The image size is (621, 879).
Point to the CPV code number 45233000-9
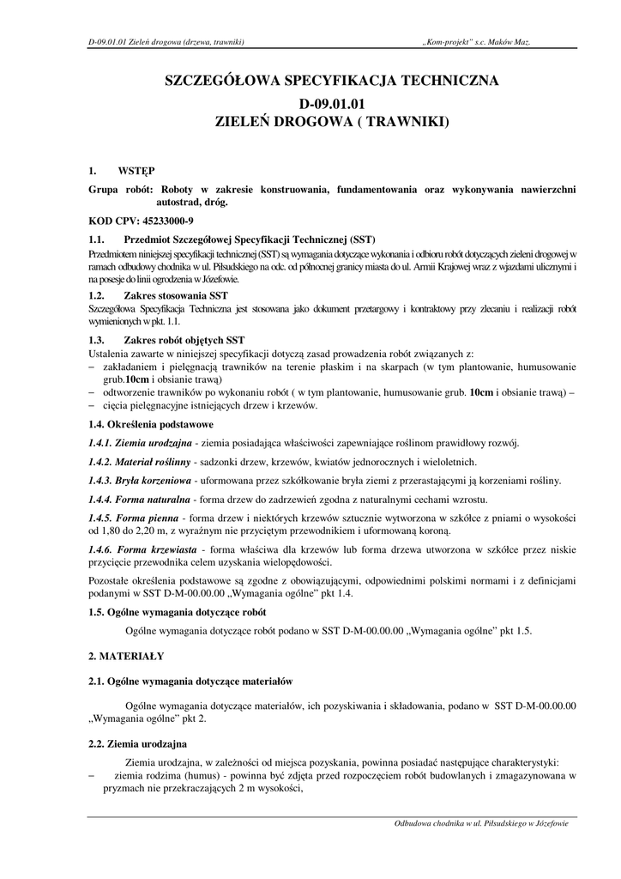click(166, 221)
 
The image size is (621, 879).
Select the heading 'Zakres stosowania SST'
click(176, 295)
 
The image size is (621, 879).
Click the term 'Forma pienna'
click(145, 518)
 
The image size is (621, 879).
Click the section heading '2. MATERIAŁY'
click(127, 655)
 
